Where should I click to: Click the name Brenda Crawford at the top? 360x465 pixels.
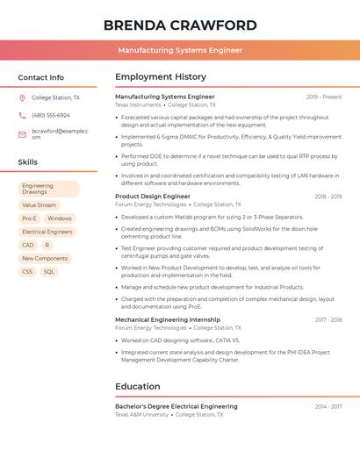coord(180,25)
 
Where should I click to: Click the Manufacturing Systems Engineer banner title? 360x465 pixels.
coord(180,51)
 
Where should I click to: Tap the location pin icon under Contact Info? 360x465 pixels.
coord(22,98)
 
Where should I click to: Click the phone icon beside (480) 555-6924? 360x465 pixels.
coord(22,116)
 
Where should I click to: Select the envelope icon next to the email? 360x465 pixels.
coord(22,133)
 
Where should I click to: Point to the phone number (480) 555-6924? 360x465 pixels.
coord(51,116)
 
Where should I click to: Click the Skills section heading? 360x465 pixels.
coord(28,162)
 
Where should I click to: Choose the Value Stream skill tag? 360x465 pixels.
coord(39,205)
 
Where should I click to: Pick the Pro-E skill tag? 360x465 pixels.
coord(29,218)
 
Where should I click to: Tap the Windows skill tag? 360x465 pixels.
coord(60,218)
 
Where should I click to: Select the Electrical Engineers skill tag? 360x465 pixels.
coord(47,232)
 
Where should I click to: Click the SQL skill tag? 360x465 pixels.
coord(49,272)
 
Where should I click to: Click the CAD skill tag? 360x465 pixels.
coord(28,246)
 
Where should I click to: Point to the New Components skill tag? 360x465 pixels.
coord(45,259)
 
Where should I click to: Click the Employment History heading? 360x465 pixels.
coord(161,77)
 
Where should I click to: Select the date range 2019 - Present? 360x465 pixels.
coord(324,97)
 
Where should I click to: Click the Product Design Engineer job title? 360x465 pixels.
coord(153,197)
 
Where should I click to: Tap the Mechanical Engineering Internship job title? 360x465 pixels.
coord(168,320)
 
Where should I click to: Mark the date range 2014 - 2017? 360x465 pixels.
coord(328,407)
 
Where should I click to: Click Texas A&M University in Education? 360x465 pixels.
coord(141,414)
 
